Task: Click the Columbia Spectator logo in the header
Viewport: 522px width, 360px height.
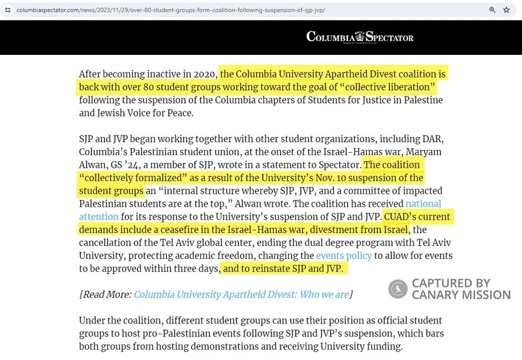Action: tap(360, 37)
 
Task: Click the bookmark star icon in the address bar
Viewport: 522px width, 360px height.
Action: tap(506, 10)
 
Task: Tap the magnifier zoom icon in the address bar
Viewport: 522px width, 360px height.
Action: tap(493, 10)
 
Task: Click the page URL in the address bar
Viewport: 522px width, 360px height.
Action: tap(171, 10)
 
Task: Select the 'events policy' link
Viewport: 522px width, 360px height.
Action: tap(344, 255)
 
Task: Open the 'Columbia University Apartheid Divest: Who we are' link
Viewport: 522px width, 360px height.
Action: tap(241, 294)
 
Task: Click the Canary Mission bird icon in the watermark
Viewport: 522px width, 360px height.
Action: tap(397, 289)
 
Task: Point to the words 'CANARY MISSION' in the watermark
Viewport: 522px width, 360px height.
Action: tap(461, 295)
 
